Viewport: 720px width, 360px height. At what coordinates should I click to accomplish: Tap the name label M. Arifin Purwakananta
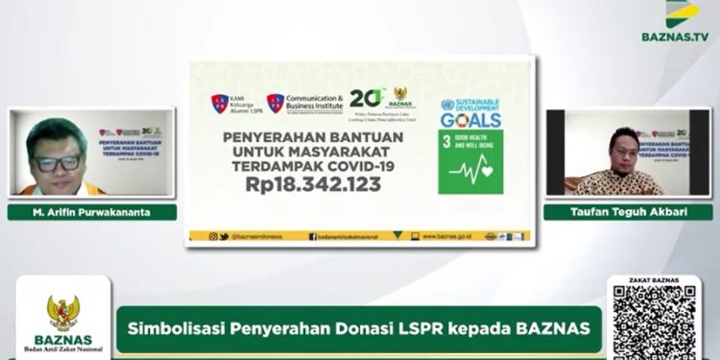pos(93,212)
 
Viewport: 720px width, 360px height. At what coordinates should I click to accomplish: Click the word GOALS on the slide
pos(470,120)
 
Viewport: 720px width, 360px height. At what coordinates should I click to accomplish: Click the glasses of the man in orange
pos(59,162)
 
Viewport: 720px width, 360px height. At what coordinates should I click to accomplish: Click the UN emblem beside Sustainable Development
pos(446,105)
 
